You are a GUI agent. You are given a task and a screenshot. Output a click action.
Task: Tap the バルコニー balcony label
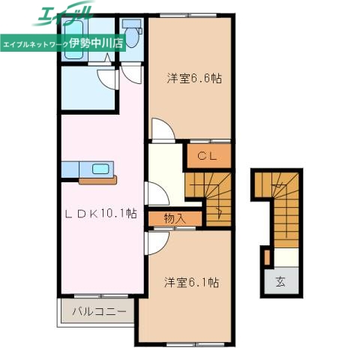click(x=98, y=310)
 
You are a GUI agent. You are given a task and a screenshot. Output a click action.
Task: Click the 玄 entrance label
click(x=280, y=282)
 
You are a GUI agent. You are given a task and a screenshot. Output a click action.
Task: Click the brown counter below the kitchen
click(x=97, y=180)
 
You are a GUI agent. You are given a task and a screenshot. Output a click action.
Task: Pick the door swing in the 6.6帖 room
click(x=163, y=129)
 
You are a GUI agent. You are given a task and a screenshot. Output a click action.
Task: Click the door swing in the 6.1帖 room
click(x=157, y=244)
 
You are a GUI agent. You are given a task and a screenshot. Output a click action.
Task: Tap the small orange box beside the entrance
click(x=266, y=256)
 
